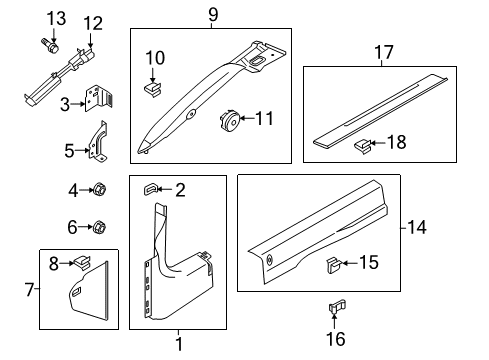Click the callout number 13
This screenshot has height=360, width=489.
(57, 18)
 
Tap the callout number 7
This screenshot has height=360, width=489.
(29, 290)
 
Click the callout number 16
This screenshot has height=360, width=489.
(336, 340)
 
